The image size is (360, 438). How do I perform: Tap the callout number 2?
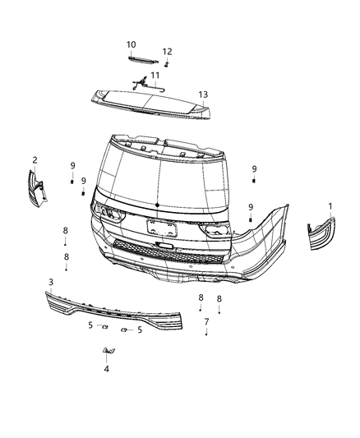[x=35, y=159]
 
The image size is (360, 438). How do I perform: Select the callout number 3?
[x=51, y=283]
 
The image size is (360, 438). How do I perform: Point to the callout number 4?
[x=106, y=369]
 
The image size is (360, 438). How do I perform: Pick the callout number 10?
[x=132, y=44]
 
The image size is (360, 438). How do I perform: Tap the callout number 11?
[x=154, y=75]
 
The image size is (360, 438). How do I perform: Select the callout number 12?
[x=167, y=51]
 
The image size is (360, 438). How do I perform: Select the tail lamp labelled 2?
[x=37, y=187]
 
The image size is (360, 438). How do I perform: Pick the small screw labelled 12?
[x=167, y=63]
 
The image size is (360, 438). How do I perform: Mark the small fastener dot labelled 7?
[x=205, y=334]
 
